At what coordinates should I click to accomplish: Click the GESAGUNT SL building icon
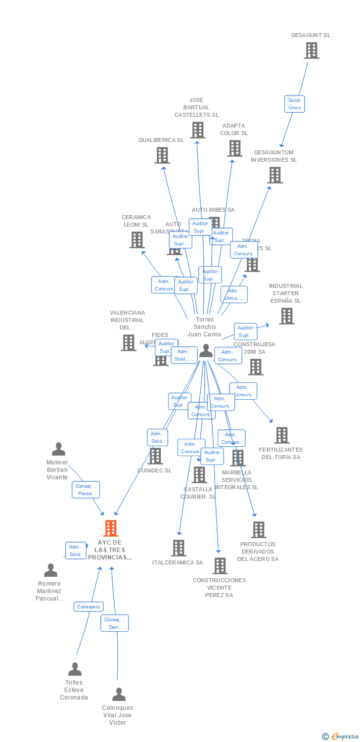point(311,50)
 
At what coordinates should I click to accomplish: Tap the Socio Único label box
point(294,104)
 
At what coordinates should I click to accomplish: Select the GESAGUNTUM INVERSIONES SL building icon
point(275,175)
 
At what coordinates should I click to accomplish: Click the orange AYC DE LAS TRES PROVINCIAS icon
point(111,528)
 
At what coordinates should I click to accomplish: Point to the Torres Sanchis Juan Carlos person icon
point(206,351)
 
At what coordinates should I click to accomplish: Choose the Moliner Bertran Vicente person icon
point(58,449)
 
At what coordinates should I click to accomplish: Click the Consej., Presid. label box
point(86,490)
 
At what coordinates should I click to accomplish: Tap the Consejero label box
point(89,606)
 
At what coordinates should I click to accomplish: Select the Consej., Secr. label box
point(115,623)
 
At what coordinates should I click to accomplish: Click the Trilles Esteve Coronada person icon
point(75,669)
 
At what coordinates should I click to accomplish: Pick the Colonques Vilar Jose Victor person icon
point(119,695)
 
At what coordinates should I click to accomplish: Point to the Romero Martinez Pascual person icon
point(50,570)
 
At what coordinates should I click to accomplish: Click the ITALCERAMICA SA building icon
point(179,548)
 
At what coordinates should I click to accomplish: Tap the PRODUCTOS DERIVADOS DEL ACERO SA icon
point(258,530)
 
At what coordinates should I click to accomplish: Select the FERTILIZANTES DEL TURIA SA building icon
point(281,435)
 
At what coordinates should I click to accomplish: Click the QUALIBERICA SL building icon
point(162,155)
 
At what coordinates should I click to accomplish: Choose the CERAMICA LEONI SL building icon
point(136,240)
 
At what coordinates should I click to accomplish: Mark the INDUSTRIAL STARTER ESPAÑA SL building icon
point(286,316)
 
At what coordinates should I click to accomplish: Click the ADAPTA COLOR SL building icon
point(234,148)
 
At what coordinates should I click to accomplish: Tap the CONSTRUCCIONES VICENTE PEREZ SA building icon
point(220,565)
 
